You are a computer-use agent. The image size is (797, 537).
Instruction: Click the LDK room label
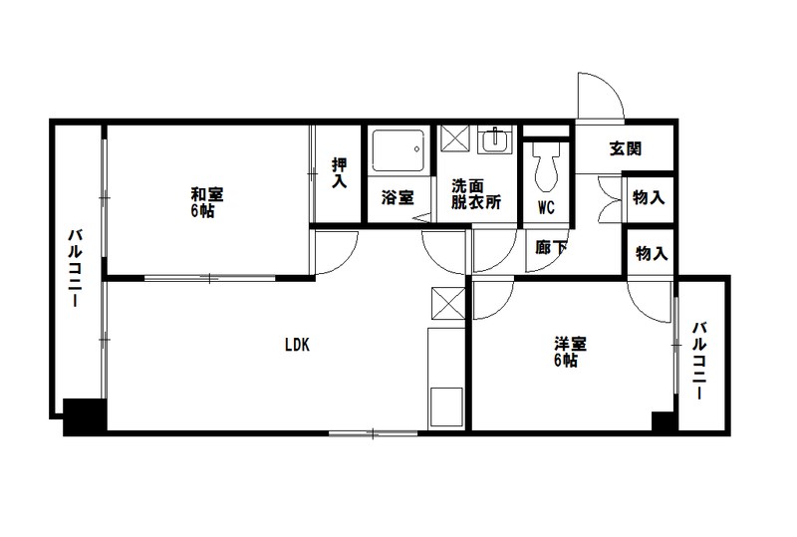tap(297, 346)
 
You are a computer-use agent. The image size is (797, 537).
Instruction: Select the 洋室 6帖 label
tap(570, 352)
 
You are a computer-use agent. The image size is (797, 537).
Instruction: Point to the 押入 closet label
tap(340, 174)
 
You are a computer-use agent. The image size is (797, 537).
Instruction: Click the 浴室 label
tap(398, 197)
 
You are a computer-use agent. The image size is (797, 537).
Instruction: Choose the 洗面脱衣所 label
tap(475, 193)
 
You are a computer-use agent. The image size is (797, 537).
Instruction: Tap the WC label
tap(546, 208)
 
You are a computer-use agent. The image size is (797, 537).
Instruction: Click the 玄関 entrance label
tap(625, 149)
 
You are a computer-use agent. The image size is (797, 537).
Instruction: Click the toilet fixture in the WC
tap(546, 166)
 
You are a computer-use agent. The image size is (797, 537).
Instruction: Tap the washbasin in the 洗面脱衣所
tap(492, 142)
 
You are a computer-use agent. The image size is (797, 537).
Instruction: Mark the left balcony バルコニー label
tap(74, 269)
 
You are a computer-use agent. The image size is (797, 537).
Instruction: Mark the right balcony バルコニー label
tap(701, 359)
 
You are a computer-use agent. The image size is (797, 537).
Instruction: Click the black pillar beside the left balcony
tap(85, 414)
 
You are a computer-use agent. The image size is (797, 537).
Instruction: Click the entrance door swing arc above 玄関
tap(600, 95)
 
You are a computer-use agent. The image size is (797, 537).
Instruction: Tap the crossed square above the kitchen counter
tap(445, 300)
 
